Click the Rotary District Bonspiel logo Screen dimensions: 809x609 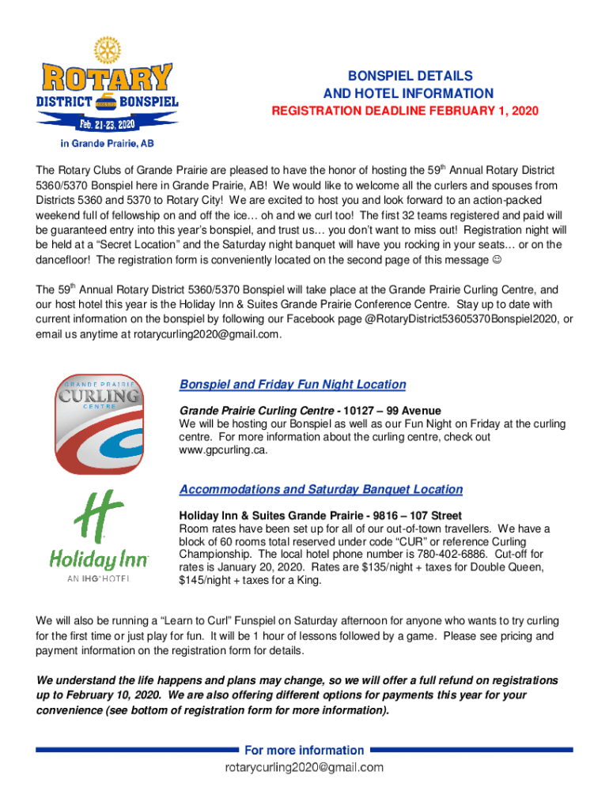(108, 88)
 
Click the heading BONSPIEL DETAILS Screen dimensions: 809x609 (408, 76)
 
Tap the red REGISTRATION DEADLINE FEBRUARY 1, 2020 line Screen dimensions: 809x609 (405, 111)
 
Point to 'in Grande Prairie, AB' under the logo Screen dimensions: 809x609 (108, 145)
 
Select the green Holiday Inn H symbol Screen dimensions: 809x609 (99, 517)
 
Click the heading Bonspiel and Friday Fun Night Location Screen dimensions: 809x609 (293, 385)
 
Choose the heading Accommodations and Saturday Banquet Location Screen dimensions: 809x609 (321, 490)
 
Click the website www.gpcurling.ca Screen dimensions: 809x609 (224, 450)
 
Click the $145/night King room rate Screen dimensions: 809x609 (209, 581)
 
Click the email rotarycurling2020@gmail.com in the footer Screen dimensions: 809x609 (304, 767)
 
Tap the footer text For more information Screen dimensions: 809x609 (304, 750)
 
